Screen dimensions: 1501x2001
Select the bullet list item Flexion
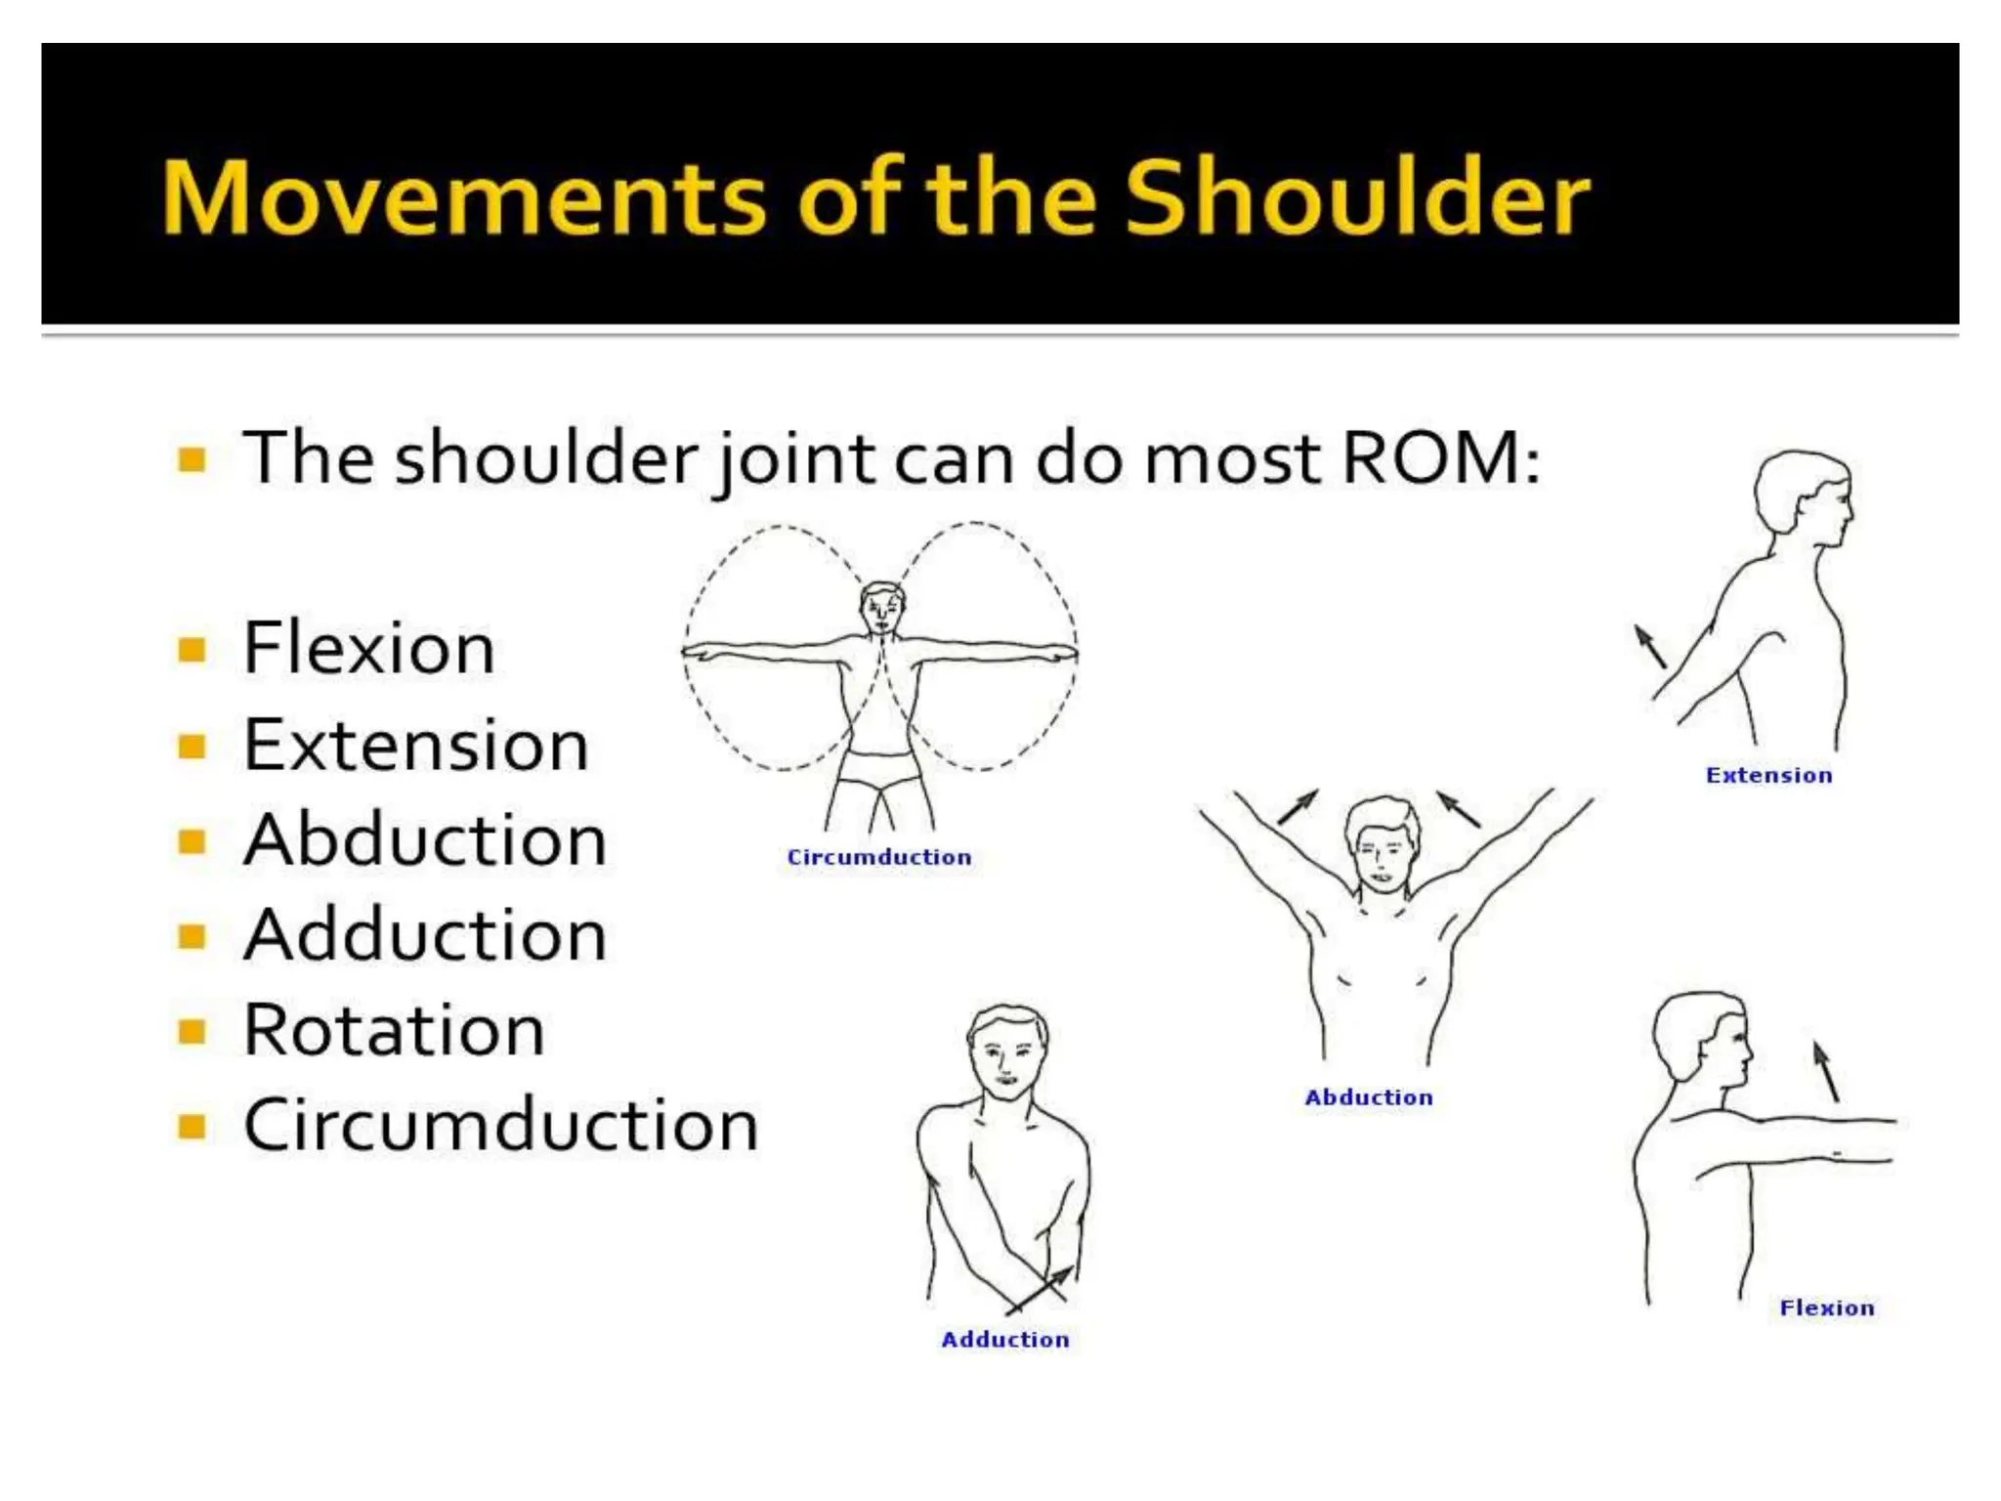pos(368,648)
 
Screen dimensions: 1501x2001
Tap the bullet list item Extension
pos(415,745)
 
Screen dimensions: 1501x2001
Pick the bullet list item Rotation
pos(393,1030)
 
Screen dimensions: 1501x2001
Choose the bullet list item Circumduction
pos(500,1125)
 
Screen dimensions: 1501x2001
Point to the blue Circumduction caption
pos(879,857)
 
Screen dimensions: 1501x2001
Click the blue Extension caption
pos(1768,775)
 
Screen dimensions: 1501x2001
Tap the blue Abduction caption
pos(1369,1097)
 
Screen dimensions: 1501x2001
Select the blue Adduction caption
pos(1005,1340)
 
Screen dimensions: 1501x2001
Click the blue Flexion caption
pos(1827,1308)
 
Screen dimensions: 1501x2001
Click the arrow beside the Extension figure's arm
pos(1650,647)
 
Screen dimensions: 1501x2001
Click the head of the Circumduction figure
pos(881,609)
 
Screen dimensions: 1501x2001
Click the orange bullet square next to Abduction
pos(192,841)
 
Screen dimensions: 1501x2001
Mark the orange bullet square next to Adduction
pos(192,936)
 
